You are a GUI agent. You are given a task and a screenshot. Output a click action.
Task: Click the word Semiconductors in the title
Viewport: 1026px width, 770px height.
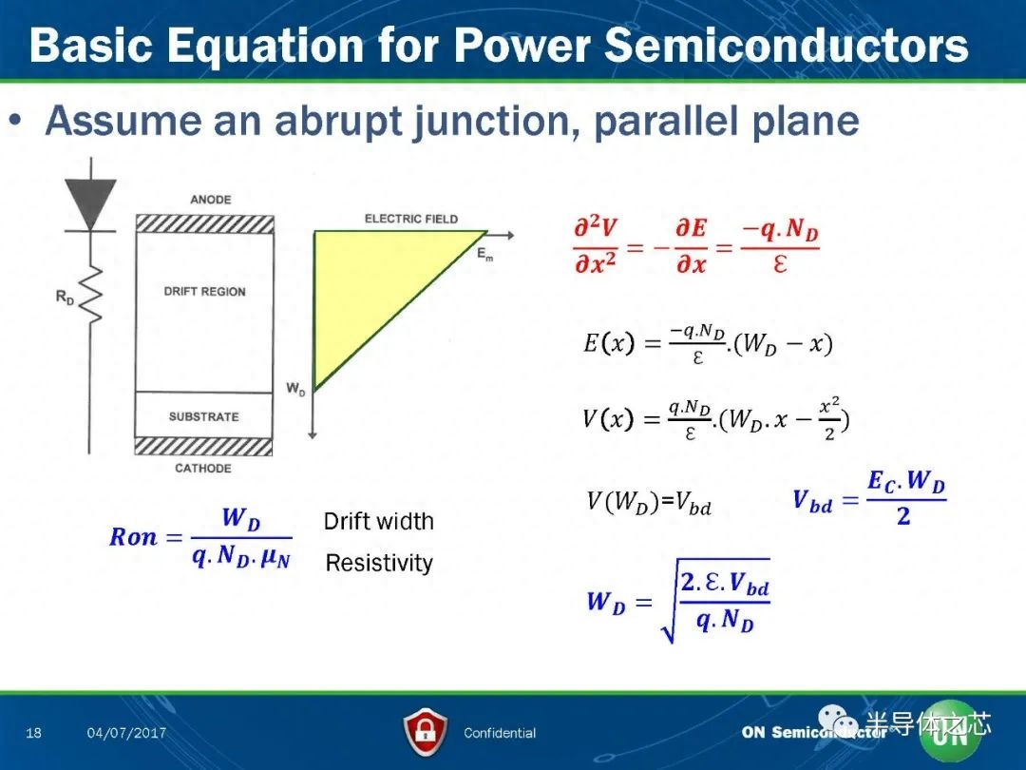point(786,46)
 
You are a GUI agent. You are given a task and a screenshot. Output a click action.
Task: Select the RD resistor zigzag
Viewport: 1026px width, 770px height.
point(91,295)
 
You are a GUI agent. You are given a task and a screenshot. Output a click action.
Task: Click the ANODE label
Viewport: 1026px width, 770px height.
point(211,200)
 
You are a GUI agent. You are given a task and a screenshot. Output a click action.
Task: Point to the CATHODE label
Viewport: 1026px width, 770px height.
point(203,468)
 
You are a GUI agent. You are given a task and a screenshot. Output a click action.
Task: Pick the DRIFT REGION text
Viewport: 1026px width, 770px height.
point(205,292)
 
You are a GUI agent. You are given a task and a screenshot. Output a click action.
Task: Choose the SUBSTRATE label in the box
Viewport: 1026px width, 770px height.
point(203,416)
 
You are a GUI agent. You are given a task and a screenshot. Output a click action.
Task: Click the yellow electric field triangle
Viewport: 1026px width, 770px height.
point(373,288)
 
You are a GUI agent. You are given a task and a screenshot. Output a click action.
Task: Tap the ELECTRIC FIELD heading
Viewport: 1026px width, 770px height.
point(411,219)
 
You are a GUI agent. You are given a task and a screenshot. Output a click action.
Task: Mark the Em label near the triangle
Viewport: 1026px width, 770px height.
point(484,254)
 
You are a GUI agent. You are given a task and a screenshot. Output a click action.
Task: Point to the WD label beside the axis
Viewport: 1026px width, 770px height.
point(295,389)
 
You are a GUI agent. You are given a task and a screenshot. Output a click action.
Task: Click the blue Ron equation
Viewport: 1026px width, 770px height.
point(200,537)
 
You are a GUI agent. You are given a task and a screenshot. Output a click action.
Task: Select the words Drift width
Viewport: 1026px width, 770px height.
point(379,521)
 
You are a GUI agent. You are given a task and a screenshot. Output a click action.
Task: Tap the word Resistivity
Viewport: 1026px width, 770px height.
point(379,563)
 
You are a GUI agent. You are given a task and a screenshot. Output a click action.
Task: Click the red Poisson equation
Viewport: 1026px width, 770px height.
point(696,246)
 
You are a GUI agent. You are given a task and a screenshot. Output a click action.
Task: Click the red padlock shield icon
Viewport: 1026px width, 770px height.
point(426,732)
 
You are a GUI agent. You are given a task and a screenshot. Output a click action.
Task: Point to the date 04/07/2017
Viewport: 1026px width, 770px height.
point(126,733)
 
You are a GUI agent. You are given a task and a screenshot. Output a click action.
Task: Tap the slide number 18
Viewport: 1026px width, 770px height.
point(33,733)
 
